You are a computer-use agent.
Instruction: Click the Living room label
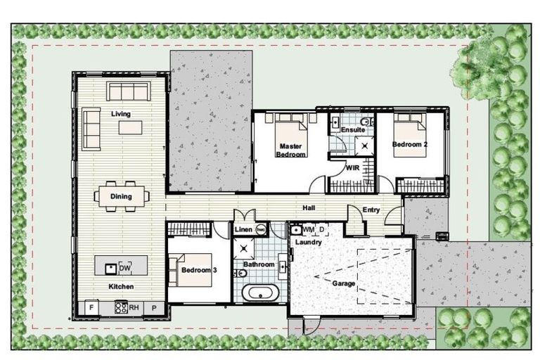click(x=120, y=113)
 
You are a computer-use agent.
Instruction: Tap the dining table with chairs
click(x=121, y=196)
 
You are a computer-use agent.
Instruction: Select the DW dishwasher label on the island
click(x=125, y=267)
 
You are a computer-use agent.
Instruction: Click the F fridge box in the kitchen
click(x=91, y=307)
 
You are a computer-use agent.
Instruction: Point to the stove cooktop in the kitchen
click(x=120, y=307)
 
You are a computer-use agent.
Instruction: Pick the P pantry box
click(x=154, y=307)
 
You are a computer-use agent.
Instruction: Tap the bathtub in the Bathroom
click(x=258, y=292)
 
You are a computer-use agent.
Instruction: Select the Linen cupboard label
click(x=243, y=230)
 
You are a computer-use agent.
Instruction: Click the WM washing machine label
click(x=308, y=229)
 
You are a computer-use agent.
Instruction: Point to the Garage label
click(x=345, y=283)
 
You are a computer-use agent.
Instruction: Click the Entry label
click(x=371, y=210)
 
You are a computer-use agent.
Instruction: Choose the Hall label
click(x=309, y=208)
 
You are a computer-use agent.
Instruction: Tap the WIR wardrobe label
click(x=353, y=168)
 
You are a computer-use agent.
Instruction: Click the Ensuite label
click(x=352, y=130)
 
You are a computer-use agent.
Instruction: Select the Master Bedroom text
click(x=291, y=150)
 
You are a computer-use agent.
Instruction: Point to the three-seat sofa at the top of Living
click(x=127, y=91)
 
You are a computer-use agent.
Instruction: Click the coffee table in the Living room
click(x=130, y=127)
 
